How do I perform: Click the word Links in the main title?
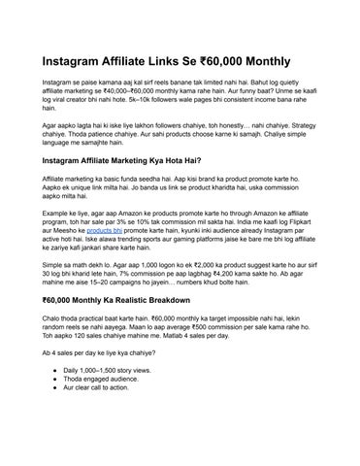[182, 61]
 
